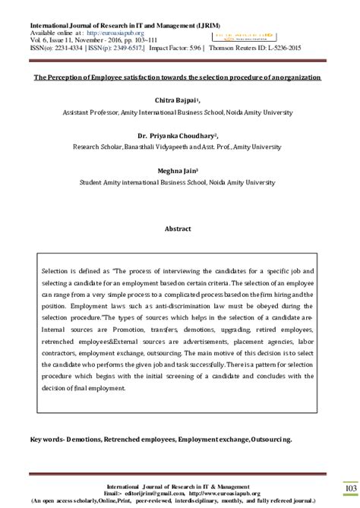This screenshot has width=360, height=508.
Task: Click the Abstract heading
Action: [x=180, y=228]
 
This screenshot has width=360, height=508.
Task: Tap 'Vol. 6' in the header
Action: [x=38, y=40]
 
